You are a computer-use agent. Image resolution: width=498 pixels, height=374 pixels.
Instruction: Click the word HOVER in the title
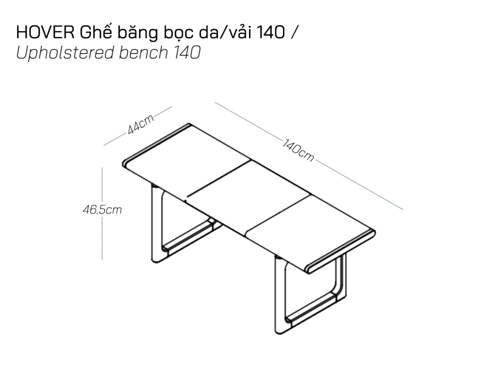click(46, 33)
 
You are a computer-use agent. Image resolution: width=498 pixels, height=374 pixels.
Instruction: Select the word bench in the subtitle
click(143, 53)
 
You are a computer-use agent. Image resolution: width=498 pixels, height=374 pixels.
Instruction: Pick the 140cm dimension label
click(298, 150)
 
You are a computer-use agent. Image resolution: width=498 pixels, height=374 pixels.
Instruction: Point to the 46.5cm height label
click(102, 209)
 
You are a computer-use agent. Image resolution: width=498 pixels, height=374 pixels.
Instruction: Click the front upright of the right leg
click(280, 295)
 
